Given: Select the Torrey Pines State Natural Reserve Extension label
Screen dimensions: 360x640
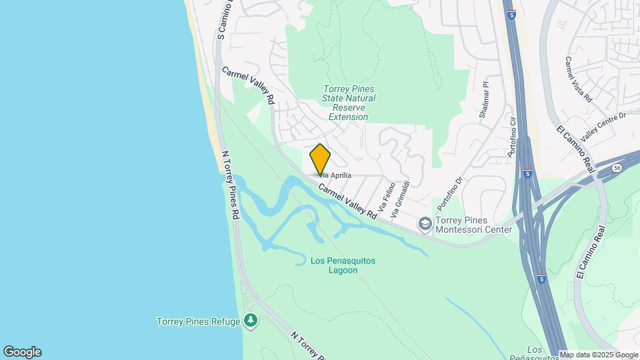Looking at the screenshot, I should pos(349,103).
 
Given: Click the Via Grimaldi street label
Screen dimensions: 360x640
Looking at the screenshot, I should pos(401,199).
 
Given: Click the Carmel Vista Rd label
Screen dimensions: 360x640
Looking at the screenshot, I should pos(578,79).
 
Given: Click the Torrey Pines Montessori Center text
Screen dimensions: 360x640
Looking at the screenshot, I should pos(474,225).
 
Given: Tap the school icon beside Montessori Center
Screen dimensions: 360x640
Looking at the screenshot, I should pos(425,225).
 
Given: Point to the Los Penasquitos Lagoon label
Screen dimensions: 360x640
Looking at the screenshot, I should pos(343,265).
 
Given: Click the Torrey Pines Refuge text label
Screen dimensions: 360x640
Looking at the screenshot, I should pos(198,321).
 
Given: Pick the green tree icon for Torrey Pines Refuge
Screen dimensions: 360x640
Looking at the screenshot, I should pos(251,321).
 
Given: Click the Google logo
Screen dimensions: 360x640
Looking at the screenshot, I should pos(22,352).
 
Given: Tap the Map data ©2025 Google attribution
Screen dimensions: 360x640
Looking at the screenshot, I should pos(599,355).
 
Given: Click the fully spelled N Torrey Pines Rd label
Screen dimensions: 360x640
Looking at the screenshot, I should pos(231,185).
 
